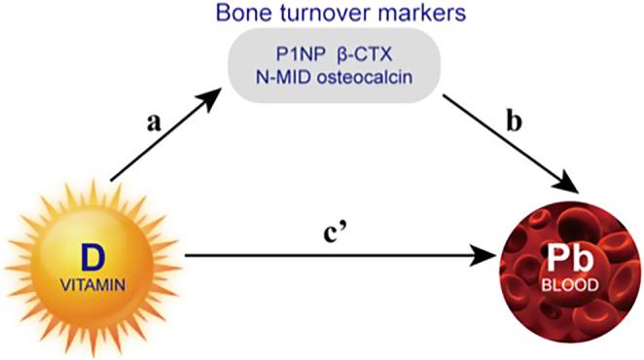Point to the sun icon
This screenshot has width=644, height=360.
[x=94, y=268]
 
